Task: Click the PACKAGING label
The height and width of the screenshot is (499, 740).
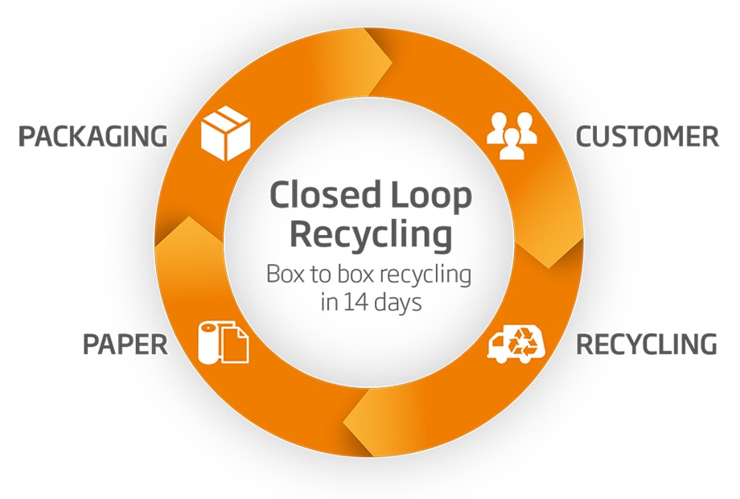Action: coord(92,137)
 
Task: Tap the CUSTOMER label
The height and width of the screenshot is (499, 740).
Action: coord(647,137)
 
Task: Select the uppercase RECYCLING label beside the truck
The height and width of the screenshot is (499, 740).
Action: coord(646,344)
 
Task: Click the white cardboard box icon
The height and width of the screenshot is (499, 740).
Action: coord(226,134)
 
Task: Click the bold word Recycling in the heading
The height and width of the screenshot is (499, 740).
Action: coord(370,235)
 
